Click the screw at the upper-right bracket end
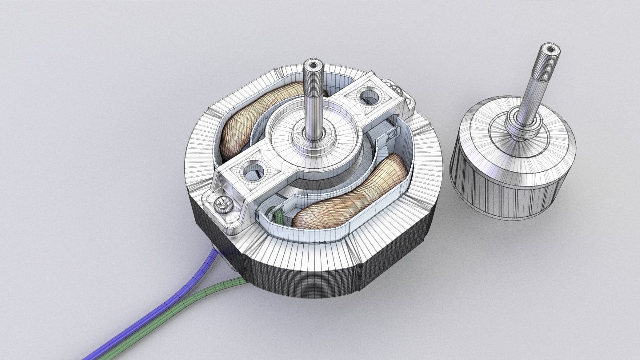click(400, 87)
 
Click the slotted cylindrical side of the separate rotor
click(513, 197)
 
